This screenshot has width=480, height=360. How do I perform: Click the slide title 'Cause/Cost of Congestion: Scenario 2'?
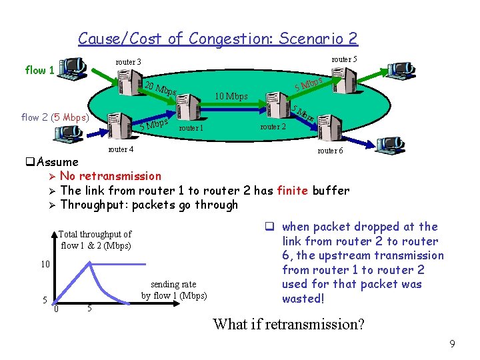[217, 39]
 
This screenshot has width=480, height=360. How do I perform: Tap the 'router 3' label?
[128, 62]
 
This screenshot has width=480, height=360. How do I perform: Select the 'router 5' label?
[343, 59]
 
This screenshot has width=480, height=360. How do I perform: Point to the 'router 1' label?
[191, 128]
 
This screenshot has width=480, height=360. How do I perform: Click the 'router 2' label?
[273, 126]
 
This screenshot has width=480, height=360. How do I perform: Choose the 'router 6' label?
[331, 151]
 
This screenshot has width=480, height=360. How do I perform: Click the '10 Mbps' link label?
[231, 96]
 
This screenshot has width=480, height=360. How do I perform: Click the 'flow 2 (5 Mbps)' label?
[55, 118]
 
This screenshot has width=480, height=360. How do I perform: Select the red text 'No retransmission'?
[111, 176]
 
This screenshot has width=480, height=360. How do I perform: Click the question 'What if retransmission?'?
[289, 324]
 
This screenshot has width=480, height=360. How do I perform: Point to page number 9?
[452, 344]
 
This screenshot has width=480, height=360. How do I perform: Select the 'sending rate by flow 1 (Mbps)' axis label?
[174, 289]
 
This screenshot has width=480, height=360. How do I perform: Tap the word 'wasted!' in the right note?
[303, 299]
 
